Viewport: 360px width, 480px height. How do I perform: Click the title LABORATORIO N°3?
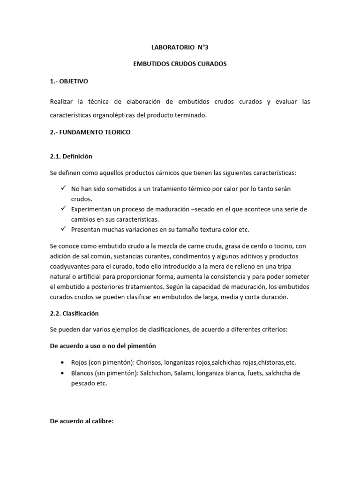(x=180, y=47)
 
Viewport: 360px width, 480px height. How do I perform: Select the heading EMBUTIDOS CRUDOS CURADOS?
(x=180, y=64)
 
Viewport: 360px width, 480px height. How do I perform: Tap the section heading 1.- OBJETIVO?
(x=69, y=81)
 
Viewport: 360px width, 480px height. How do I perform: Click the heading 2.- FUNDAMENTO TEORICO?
(x=90, y=132)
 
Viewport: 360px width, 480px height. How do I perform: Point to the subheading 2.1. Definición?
(x=72, y=156)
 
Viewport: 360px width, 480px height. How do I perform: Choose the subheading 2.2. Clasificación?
(x=74, y=313)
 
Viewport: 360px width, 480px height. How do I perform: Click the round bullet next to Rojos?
(x=63, y=363)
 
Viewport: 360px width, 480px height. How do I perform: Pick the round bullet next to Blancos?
(x=63, y=373)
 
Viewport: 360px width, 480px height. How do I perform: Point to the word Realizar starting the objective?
(x=62, y=102)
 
